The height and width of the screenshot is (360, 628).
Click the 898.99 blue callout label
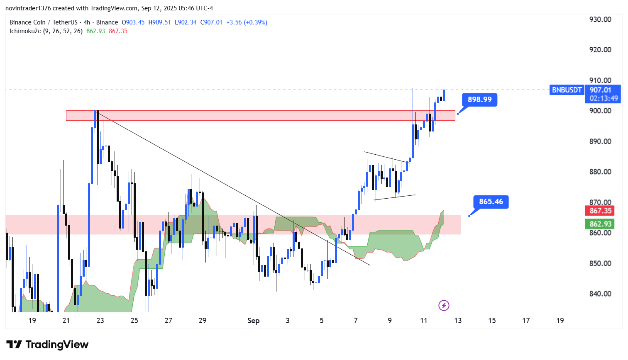[x=479, y=100]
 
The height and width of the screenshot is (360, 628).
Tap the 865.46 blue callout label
[x=491, y=202]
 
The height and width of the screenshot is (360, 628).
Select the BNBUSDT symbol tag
[x=567, y=90]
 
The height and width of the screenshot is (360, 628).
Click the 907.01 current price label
[x=600, y=90]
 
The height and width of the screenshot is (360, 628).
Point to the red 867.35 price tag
[x=600, y=211]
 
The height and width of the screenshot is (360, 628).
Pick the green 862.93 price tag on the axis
[x=600, y=224]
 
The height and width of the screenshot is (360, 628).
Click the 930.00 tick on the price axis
[x=600, y=19]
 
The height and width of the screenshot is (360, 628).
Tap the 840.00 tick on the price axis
[x=600, y=294]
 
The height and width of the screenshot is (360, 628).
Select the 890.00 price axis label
[x=600, y=141]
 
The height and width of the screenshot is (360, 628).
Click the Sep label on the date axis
[x=253, y=321]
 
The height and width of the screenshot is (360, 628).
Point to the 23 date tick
[x=100, y=321]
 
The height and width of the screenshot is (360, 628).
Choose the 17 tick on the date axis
[x=526, y=321]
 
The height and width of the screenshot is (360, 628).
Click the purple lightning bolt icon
[x=444, y=306]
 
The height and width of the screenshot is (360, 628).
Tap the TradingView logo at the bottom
[x=47, y=345]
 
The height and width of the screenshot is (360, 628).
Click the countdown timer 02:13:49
[x=604, y=98]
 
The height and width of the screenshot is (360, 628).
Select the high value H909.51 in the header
[x=159, y=22]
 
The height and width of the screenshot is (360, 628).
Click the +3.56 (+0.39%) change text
[x=247, y=22]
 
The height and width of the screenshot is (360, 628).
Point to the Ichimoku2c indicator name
[x=25, y=31]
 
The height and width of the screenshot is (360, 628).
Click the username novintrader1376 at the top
[x=28, y=8]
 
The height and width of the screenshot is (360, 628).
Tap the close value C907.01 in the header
[x=211, y=22]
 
